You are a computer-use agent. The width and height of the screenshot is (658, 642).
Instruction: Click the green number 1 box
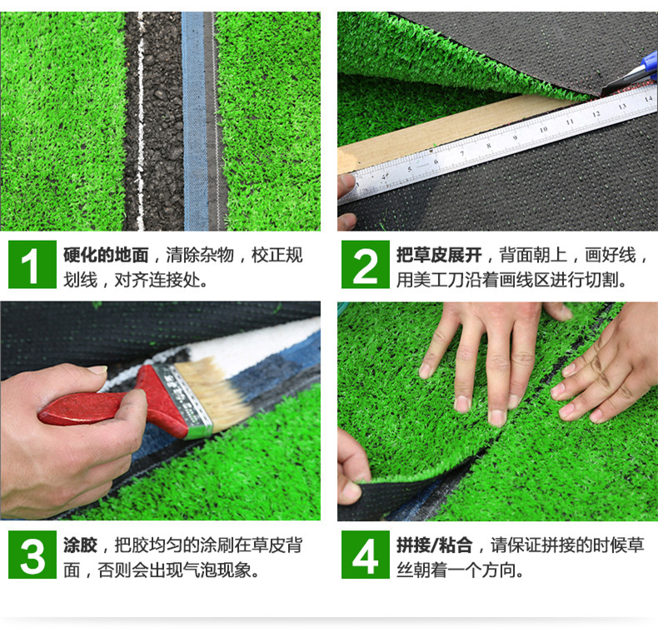[32, 264]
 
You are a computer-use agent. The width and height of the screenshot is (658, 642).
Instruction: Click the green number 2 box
[365, 264]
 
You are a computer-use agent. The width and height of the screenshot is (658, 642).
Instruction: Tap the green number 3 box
[32, 555]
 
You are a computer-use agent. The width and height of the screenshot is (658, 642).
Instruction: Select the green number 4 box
[365, 555]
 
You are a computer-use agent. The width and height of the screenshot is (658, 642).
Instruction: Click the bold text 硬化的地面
[106, 255]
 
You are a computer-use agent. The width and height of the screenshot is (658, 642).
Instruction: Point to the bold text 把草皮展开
[439, 255]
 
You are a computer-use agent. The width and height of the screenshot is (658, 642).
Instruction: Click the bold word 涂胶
[81, 545]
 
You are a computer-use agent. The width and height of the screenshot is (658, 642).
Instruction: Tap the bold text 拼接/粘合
[434, 545]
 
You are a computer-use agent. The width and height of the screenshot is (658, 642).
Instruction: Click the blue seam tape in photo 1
[195, 121]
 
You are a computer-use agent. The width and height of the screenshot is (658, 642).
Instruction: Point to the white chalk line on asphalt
[140, 121]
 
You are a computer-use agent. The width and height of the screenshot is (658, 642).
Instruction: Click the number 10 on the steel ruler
[543, 129]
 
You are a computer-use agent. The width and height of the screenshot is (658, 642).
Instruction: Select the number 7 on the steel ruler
[462, 152]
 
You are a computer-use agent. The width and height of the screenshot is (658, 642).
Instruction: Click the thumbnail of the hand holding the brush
[97, 370]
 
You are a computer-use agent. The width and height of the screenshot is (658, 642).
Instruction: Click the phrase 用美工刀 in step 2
[430, 280]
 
